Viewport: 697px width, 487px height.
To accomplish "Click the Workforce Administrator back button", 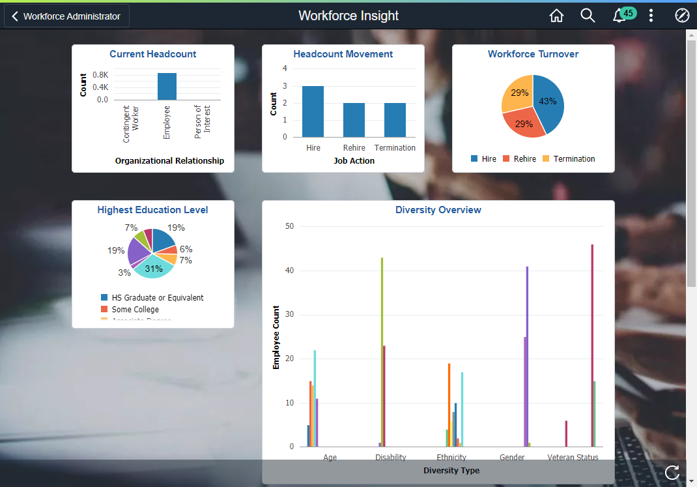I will (x=66, y=16).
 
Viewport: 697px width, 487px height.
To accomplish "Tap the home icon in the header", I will (x=556, y=16).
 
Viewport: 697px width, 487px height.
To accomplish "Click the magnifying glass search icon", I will (x=588, y=16).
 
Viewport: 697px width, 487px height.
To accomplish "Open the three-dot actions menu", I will (x=651, y=16).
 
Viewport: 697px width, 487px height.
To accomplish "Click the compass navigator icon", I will (x=682, y=16).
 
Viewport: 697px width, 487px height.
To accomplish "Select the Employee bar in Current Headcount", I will (x=167, y=86).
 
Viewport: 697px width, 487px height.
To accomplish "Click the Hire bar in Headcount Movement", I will (x=313, y=111).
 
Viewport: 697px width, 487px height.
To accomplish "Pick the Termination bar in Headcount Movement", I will (x=395, y=119).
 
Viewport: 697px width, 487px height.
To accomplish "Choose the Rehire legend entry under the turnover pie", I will (x=520, y=158).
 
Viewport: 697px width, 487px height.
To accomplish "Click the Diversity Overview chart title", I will (x=438, y=210).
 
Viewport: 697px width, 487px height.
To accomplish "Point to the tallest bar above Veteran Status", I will (x=592, y=346).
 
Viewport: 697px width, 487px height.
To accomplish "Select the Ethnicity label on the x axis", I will (x=451, y=457).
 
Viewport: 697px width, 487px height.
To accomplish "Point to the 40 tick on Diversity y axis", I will (x=290, y=271).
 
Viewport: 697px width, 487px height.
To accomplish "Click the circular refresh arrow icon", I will (x=672, y=473).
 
